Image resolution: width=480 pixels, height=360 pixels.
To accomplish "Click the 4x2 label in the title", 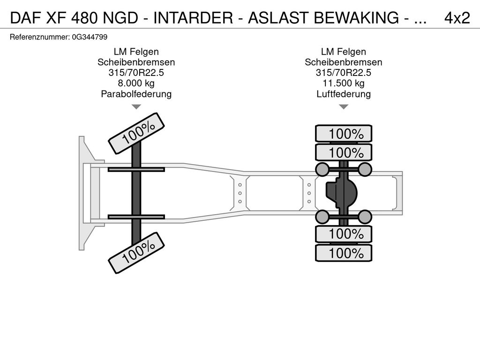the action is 457,18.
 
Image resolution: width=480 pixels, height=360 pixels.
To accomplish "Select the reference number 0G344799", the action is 90,37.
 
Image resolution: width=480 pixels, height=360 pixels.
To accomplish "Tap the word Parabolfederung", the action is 136,94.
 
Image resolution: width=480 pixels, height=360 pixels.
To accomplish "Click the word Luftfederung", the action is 344,94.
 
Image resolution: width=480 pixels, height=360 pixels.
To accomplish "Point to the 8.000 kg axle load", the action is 136,83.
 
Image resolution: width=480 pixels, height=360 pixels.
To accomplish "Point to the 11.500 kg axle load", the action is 344,83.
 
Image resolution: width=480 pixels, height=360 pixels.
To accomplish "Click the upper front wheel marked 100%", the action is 136,133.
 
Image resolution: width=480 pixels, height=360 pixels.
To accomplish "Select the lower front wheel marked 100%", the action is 136,253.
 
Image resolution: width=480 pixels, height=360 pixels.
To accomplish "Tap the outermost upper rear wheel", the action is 344,134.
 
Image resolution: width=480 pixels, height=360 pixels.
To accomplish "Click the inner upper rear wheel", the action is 344,152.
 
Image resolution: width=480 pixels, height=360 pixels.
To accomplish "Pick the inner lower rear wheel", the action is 344,234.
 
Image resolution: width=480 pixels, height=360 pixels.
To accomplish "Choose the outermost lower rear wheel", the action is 344,253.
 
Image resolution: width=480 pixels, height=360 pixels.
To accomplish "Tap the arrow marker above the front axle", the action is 136,107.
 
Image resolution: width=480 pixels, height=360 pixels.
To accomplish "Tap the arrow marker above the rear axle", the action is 344,107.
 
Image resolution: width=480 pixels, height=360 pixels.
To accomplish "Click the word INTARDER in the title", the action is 193,18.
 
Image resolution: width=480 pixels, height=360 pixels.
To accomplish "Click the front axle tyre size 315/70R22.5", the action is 136,73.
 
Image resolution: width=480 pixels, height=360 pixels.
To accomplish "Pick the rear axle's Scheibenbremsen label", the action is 344,62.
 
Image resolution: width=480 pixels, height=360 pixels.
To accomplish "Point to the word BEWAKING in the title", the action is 356,18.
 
